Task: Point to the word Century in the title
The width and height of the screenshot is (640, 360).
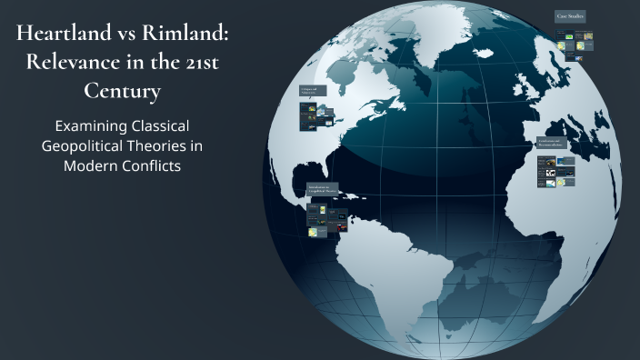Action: coord(124,93)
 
